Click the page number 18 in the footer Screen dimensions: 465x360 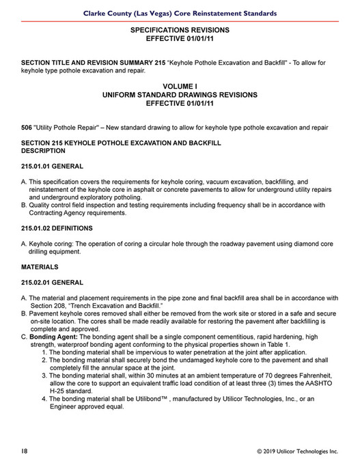(x=24, y=451)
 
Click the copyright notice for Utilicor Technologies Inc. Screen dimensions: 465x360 (x=297, y=451)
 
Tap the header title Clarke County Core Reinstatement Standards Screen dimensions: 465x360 (x=180, y=13)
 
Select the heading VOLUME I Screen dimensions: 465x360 (x=180, y=87)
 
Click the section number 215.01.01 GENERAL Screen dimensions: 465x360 (x=53, y=166)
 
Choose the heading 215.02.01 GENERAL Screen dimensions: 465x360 (x=53, y=282)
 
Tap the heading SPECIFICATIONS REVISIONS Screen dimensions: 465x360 (x=180, y=30)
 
